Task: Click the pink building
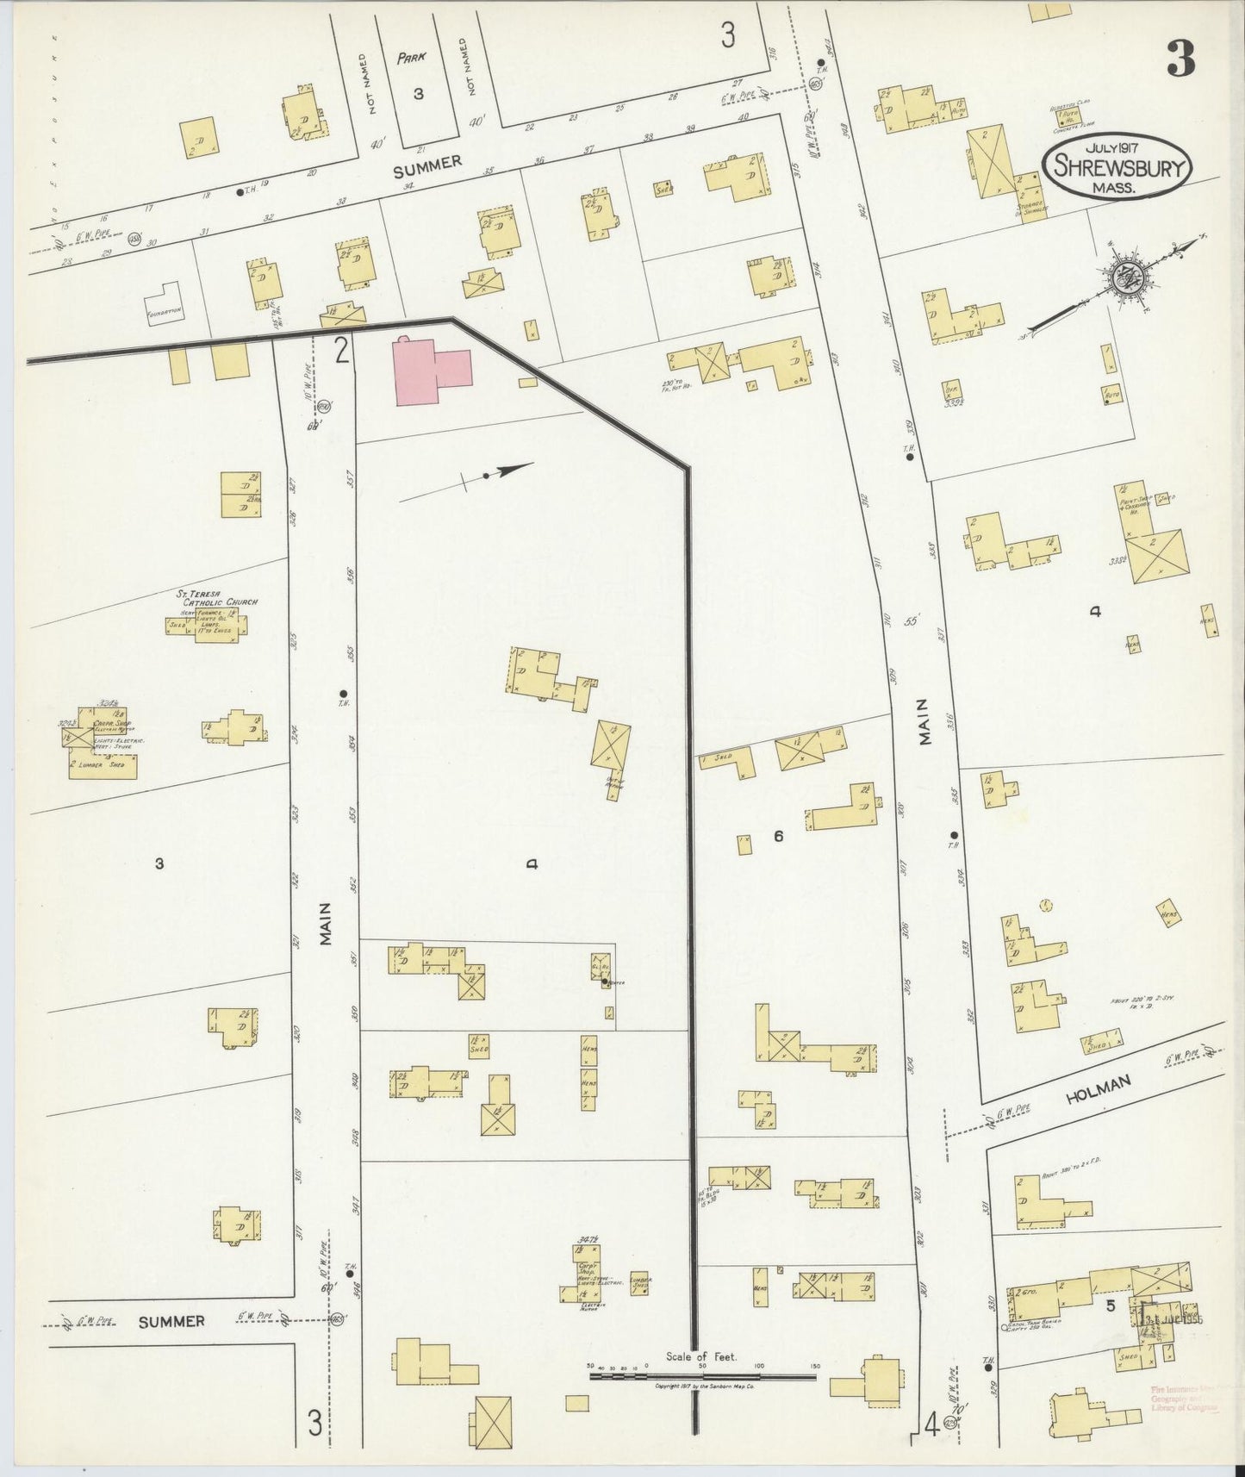(431, 371)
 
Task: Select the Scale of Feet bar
(702, 1377)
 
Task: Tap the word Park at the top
(413, 59)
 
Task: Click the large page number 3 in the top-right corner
(1180, 59)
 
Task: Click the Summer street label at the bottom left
(173, 1321)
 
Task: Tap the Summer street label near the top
(427, 165)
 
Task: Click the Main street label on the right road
(927, 745)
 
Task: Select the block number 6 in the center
(777, 835)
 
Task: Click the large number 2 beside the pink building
(342, 351)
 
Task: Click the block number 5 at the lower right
(1111, 1306)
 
